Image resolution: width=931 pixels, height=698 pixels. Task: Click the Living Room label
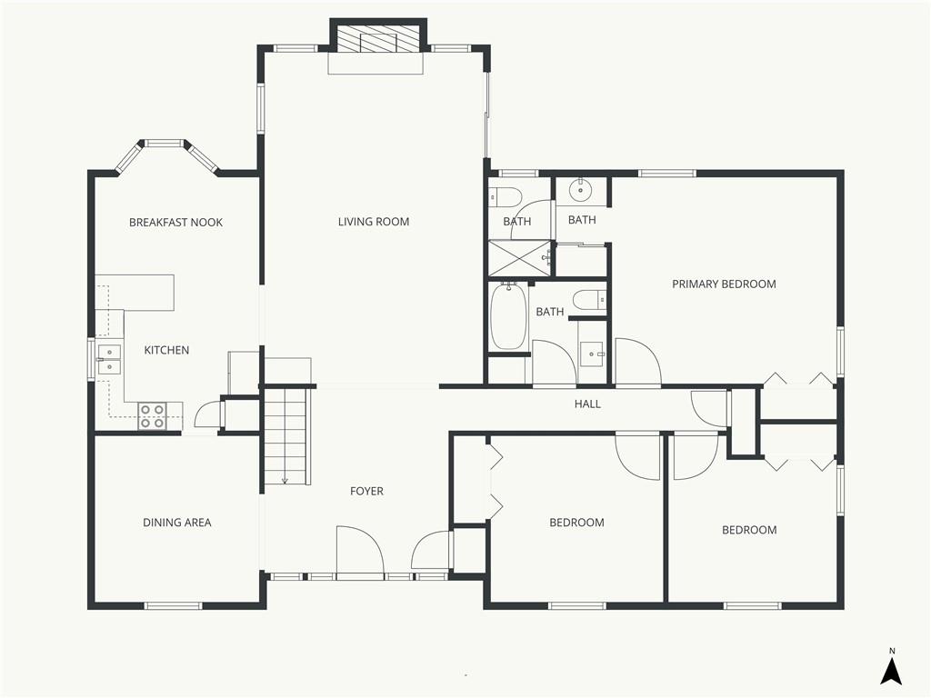(374, 222)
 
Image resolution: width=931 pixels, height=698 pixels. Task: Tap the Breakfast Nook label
(175, 223)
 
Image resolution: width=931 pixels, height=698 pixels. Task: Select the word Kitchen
(167, 350)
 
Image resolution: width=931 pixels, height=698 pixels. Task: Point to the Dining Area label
(177, 523)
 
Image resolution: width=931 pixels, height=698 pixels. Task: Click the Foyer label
(366, 492)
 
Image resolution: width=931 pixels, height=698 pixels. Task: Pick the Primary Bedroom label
(724, 284)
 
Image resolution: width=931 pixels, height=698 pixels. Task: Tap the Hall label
(587, 404)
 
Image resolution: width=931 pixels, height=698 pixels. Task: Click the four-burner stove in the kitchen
(152, 415)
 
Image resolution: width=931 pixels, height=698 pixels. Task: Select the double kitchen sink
(109, 360)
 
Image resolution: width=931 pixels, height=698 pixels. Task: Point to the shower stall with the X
(520, 258)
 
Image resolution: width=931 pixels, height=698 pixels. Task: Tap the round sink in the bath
(579, 191)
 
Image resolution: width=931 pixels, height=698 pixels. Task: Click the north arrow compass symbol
(891, 668)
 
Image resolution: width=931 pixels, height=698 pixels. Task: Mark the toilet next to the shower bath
(505, 196)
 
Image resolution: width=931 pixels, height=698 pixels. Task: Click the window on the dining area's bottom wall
(174, 606)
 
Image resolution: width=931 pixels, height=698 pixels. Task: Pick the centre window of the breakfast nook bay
(165, 143)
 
